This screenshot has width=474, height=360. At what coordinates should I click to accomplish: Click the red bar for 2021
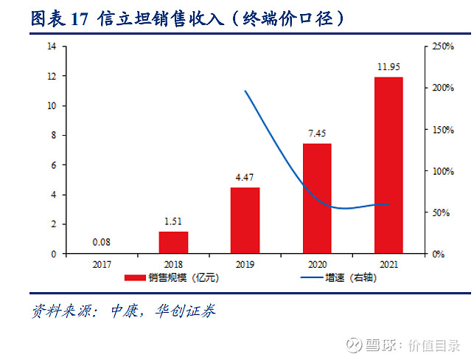pos(388,165)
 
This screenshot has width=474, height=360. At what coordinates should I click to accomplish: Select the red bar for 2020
pos(317,198)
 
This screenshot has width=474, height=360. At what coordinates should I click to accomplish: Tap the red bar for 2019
pos(245,221)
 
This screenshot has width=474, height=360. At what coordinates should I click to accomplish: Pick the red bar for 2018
pos(173,243)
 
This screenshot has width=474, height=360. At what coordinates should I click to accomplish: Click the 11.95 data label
pos(388,68)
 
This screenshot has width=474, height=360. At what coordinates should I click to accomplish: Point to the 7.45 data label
pos(317,134)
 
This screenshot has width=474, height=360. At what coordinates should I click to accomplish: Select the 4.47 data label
pos(245,179)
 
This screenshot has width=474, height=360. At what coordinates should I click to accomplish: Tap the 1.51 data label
pos(173,222)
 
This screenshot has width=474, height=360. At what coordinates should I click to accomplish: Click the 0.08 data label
pos(102,242)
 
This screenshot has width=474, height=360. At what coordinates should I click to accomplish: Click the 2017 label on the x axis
pos(102,263)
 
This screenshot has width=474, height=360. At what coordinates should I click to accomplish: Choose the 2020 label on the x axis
pos(317,263)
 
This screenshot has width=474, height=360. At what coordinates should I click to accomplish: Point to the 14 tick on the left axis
pos(52,46)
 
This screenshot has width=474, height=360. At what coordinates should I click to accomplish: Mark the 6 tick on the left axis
pos(55,165)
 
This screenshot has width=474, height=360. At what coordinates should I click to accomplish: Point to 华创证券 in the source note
pos(188,311)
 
